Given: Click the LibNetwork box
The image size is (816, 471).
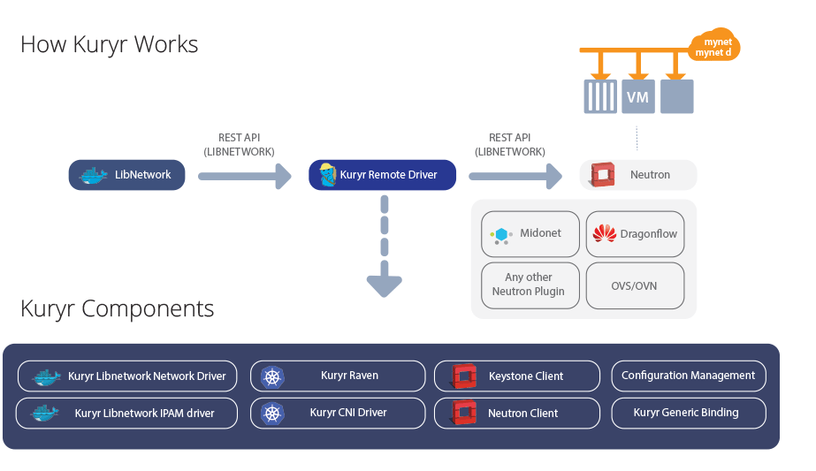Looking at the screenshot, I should [127, 175].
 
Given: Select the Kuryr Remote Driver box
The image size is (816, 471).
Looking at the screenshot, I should [382, 175].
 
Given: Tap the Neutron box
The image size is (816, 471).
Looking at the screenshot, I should [638, 175].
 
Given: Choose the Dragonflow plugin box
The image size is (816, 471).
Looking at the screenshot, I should [635, 234].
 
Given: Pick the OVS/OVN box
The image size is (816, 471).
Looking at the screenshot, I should [635, 285].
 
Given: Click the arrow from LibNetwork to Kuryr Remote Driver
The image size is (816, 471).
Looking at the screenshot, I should [244, 176].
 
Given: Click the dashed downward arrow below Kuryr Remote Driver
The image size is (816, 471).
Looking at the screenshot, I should [385, 247].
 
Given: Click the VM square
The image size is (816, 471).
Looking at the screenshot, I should [637, 96].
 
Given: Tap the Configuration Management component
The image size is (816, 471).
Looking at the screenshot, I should [688, 376].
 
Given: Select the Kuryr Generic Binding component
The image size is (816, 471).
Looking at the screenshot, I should [688, 413].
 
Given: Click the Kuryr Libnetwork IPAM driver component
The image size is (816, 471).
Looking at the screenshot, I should [127, 413].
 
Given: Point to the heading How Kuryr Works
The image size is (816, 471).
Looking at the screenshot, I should [109, 44].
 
